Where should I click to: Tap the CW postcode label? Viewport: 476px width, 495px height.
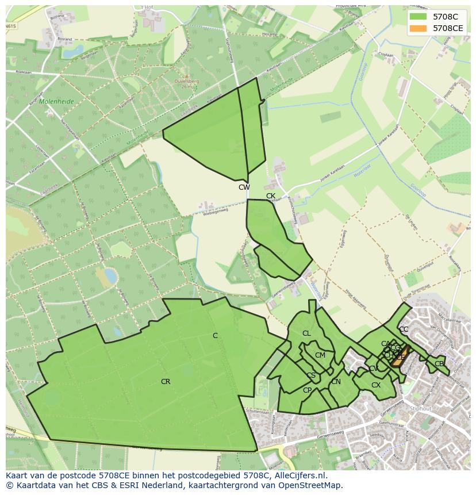(244, 187)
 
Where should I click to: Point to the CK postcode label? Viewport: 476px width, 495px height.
(271, 196)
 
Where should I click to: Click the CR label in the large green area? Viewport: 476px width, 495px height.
(166, 382)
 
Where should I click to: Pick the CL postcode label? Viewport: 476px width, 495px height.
(306, 333)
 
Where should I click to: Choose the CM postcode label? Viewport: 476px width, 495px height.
(320, 355)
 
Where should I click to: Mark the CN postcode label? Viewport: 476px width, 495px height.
(336, 382)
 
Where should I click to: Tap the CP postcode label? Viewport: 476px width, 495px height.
(307, 390)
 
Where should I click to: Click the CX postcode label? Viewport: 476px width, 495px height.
(376, 385)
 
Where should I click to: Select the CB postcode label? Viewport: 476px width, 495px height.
(439, 364)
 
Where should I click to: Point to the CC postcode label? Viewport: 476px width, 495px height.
(404, 329)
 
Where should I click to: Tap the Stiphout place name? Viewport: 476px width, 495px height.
(420, 409)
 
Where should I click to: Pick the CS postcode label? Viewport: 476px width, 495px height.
(311, 376)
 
